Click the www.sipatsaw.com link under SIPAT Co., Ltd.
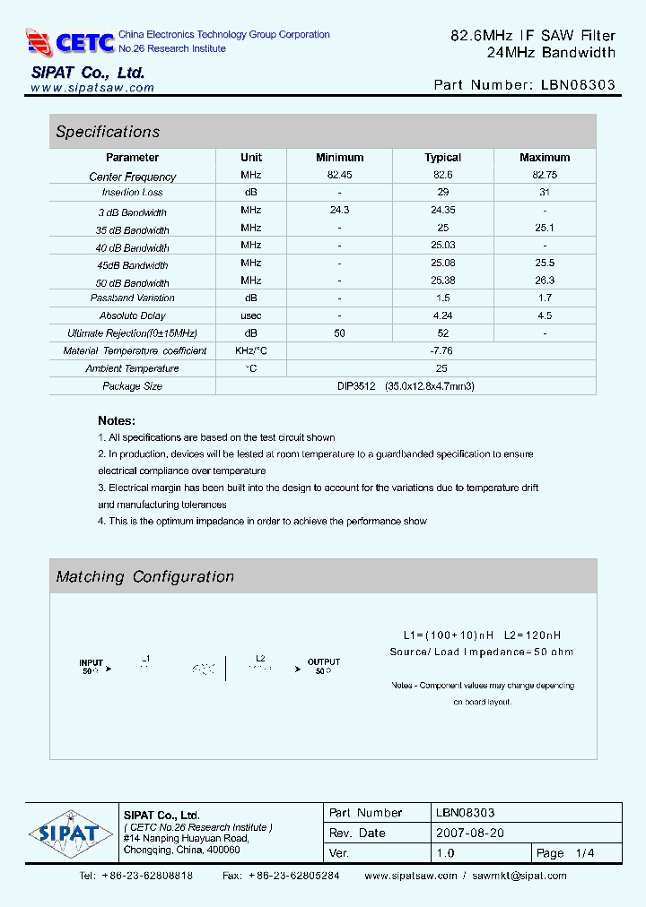click(x=92, y=88)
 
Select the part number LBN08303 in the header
click(x=579, y=85)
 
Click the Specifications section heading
click(x=108, y=132)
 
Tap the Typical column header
click(x=442, y=158)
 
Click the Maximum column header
click(x=545, y=158)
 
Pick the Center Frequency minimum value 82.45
click(x=339, y=176)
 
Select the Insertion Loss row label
click(x=133, y=193)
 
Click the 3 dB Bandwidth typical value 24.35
click(x=442, y=211)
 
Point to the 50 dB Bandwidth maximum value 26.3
click(x=545, y=281)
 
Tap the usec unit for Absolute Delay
click(x=251, y=315)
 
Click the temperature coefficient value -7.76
click(x=441, y=350)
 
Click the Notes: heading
click(x=117, y=420)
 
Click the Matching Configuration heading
click(x=144, y=577)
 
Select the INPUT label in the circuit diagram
click(x=91, y=663)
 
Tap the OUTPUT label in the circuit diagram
click(x=324, y=662)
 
